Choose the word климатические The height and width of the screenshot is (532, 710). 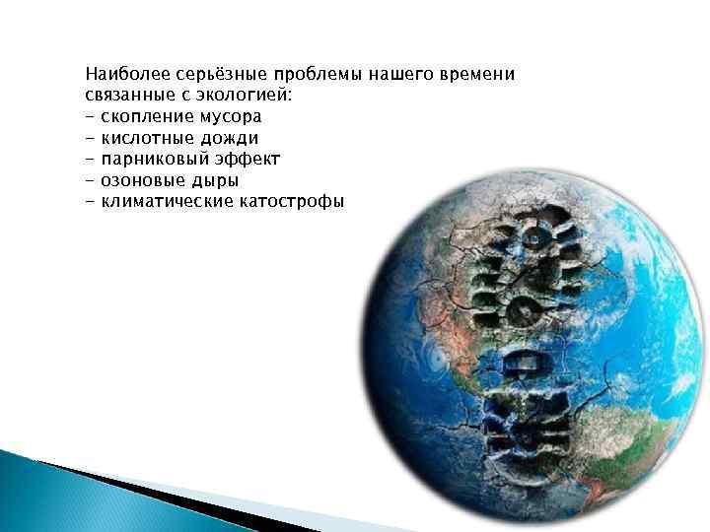165,201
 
